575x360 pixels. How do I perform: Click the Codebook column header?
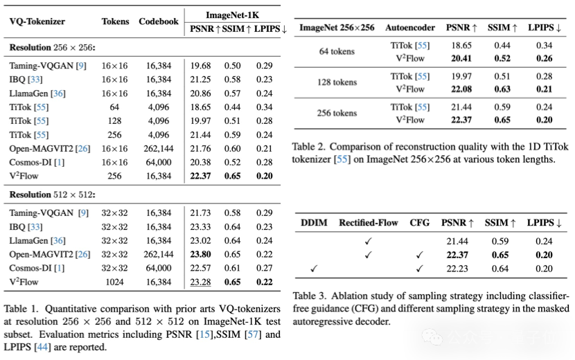159,21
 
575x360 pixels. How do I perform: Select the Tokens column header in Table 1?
115,21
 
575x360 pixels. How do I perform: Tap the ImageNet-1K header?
232,15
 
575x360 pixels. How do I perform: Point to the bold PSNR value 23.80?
200,254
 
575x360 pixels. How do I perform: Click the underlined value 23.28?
200,282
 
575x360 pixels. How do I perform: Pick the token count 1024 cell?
114,282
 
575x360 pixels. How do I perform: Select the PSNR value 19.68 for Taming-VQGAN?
200,66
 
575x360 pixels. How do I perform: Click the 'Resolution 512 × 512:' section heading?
52,195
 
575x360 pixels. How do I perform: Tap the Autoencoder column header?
410,28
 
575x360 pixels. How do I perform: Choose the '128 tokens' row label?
337,82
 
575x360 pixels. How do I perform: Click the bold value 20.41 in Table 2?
461,58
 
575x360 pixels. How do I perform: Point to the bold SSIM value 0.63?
502,89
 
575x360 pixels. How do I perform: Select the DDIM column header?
314,223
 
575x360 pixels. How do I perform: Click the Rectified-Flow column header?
368,223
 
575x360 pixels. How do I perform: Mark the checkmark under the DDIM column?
314,269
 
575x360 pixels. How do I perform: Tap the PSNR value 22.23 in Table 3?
457,269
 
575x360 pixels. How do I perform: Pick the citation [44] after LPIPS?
42,347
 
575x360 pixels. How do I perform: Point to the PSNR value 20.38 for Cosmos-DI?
200,162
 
